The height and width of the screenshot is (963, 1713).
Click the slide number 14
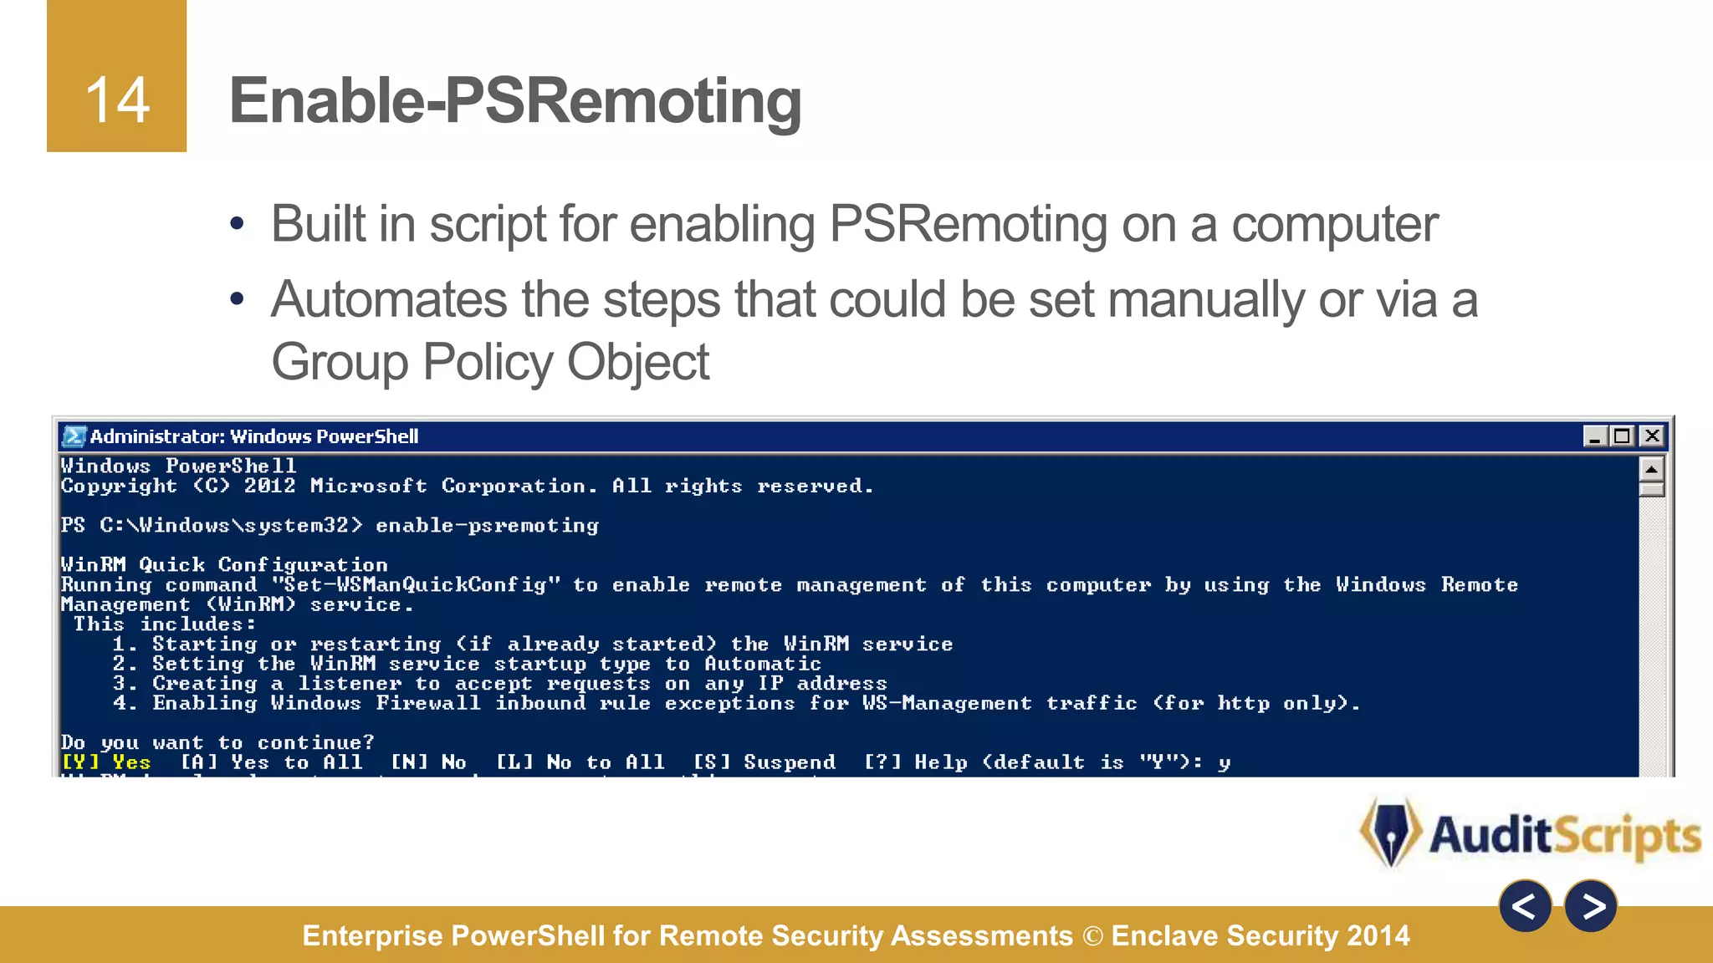[117, 100]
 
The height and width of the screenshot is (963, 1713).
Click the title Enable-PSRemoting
[515, 100]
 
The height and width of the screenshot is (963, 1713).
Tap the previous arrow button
[1525, 906]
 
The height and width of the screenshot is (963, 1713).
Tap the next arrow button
[1591, 906]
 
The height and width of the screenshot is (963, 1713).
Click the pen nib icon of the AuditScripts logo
[1391, 833]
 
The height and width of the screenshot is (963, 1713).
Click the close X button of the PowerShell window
[1652, 436]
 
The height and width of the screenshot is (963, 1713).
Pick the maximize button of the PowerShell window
[1623, 436]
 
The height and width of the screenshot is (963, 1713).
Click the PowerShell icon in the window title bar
[74, 436]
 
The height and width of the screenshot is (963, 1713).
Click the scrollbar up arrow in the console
[1651, 468]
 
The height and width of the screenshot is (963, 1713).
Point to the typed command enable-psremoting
[487, 525]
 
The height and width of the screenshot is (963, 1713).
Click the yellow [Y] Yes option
[106, 762]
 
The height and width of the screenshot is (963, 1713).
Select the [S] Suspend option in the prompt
[764, 762]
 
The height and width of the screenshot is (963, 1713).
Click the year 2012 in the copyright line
[269, 486]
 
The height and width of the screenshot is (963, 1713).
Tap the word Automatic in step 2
[763, 664]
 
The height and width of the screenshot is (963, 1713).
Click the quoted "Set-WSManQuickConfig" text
[416, 584]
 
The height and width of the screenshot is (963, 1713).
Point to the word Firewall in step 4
[428, 703]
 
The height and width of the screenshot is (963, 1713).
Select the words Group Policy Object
[490, 362]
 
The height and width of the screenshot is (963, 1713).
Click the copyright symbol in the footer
[1092, 935]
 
